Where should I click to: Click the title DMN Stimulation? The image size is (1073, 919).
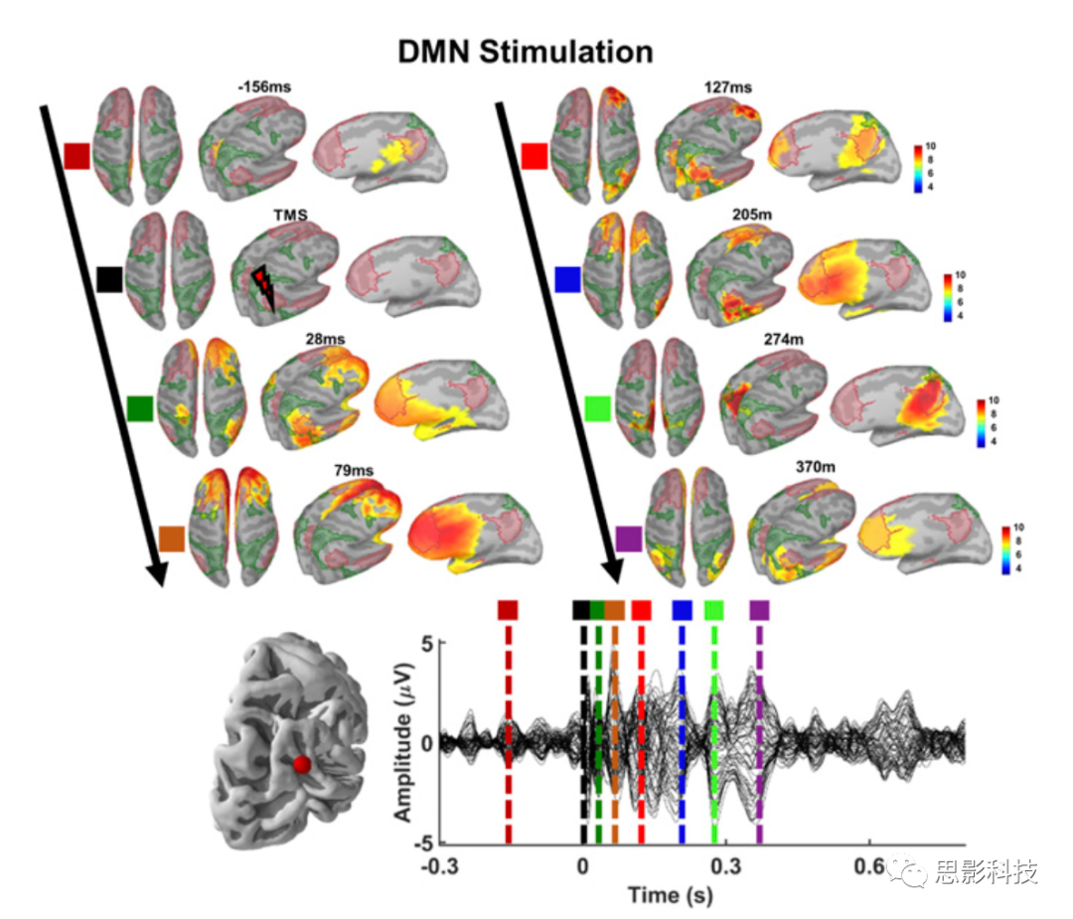[x=526, y=52]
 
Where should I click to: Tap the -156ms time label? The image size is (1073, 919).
[x=261, y=87]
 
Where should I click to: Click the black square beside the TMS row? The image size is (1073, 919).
[x=109, y=280]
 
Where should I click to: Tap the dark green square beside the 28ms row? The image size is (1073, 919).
[x=140, y=407]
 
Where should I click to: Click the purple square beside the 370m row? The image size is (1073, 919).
[x=629, y=539]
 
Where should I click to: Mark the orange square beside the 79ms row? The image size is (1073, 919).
[x=172, y=539]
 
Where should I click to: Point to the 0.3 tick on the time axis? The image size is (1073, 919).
[x=726, y=864]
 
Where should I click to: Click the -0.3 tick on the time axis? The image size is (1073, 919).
[x=438, y=864]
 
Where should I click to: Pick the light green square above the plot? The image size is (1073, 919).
[x=713, y=610]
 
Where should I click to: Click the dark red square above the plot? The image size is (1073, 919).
[x=508, y=610]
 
